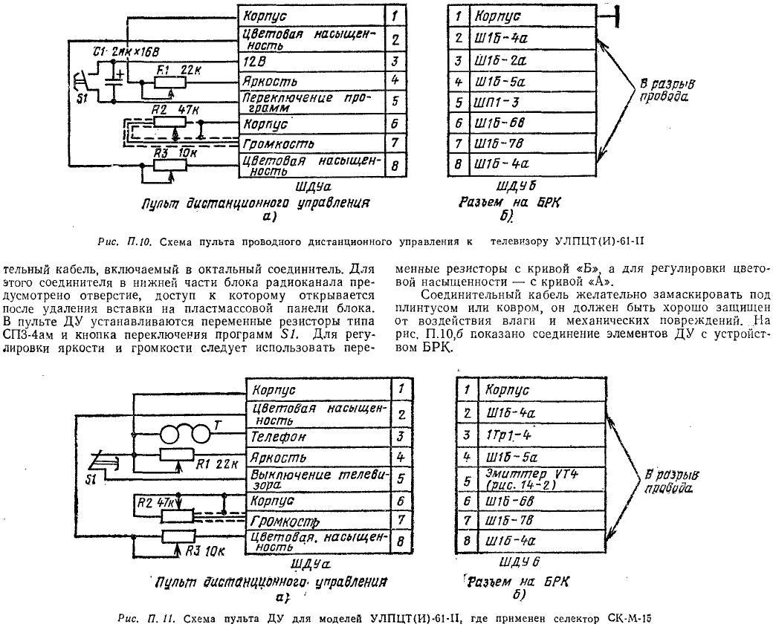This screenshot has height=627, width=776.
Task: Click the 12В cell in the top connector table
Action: click(311, 62)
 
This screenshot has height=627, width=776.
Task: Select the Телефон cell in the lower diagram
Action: click(319, 437)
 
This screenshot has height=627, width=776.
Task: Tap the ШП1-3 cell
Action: click(531, 103)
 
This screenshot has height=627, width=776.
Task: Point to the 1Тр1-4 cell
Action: click(541, 435)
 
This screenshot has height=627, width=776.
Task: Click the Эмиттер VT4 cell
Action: click(541, 478)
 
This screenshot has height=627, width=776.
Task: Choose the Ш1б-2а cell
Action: click(531, 60)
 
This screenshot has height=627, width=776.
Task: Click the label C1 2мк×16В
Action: click(126, 52)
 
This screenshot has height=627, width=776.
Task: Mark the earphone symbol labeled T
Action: click(186, 435)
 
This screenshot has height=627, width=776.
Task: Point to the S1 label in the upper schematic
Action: click(83, 98)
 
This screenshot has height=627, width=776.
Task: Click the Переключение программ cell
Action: click(311, 101)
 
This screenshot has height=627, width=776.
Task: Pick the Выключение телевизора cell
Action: click(319, 479)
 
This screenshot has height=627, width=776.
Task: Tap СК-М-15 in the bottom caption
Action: click(629, 618)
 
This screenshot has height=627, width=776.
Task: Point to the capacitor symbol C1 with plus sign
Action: click(114, 79)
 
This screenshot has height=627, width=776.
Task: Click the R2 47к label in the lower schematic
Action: click(155, 504)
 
